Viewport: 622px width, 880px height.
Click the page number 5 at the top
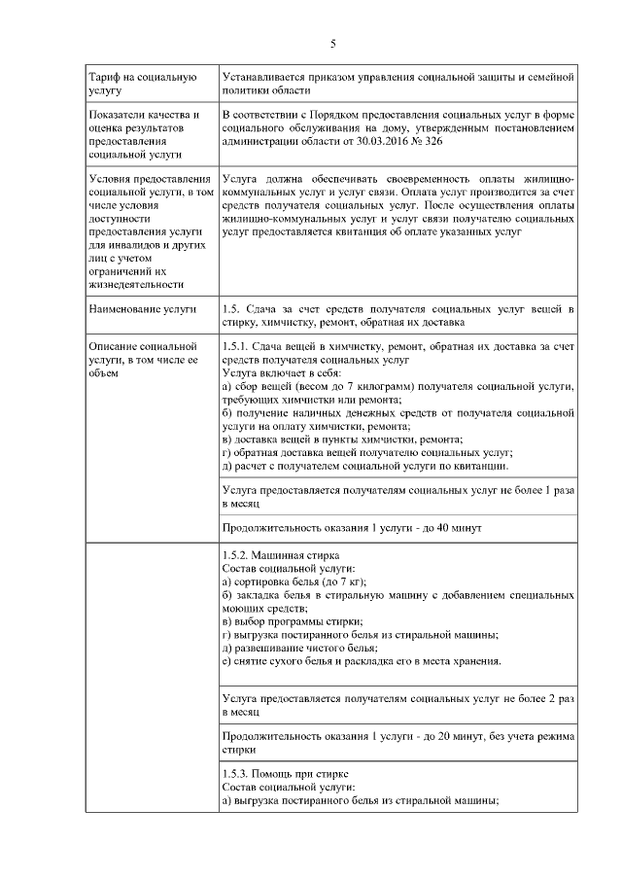[332, 44]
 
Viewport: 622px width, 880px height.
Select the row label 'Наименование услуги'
[142, 309]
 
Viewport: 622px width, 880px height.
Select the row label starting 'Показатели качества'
[144, 134]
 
